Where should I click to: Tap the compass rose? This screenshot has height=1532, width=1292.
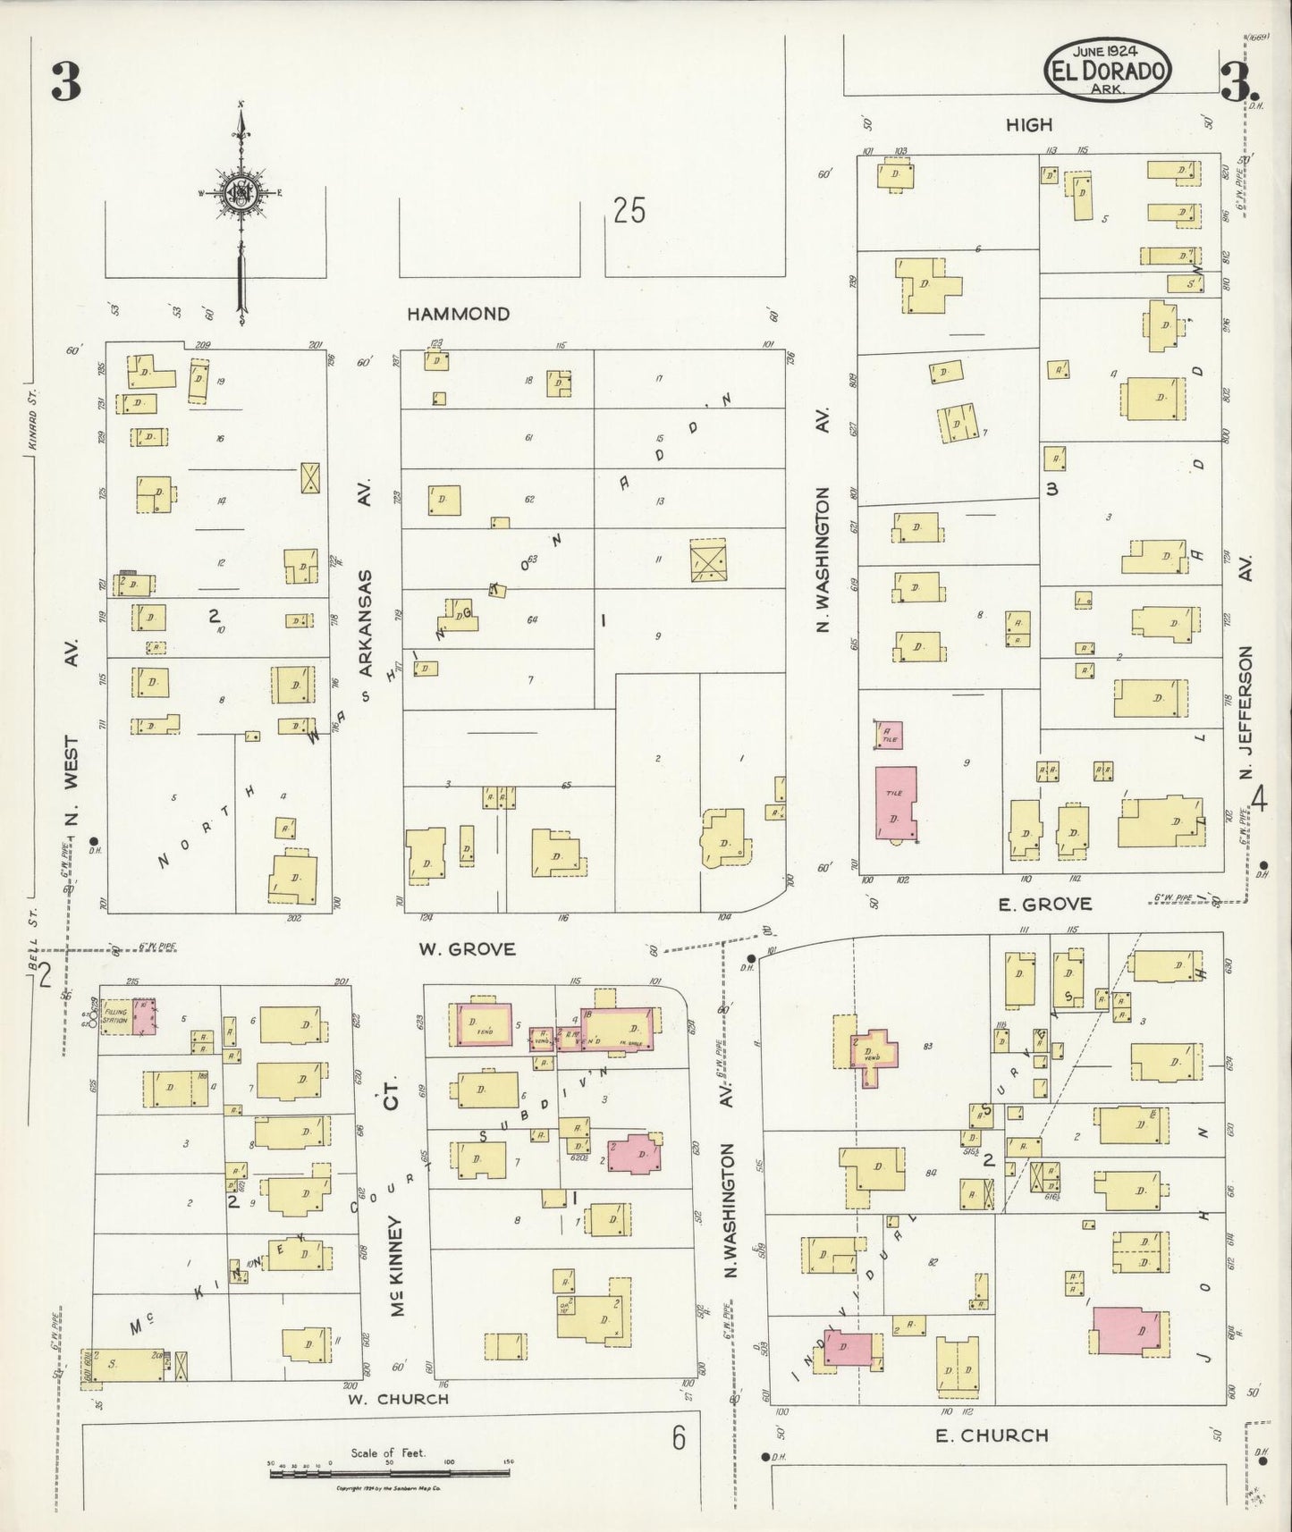click(x=240, y=191)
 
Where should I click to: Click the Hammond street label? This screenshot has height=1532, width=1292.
click(x=458, y=314)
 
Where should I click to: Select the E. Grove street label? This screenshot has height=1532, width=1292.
click(x=1045, y=905)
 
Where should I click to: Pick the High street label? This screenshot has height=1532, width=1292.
click(x=1029, y=125)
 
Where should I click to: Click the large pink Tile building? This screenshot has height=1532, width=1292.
click(x=896, y=802)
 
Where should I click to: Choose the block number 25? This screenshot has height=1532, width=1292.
click(x=629, y=211)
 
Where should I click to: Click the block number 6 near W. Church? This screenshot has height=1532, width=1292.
click(x=679, y=1439)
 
